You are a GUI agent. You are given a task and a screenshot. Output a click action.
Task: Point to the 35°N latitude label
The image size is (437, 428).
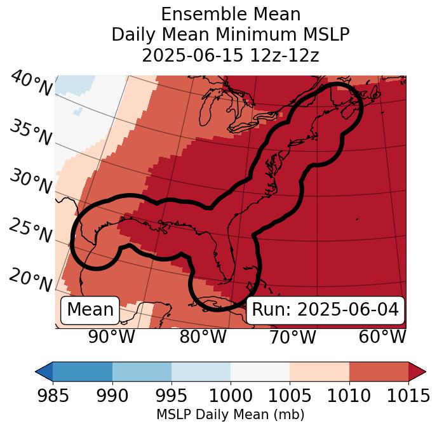click(30, 133)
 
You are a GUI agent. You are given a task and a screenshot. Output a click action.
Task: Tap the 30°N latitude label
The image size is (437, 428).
click(30, 182)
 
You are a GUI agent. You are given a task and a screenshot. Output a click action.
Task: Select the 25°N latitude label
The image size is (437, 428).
click(30, 231)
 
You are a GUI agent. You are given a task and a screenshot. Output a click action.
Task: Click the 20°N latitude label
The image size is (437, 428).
click(30, 279)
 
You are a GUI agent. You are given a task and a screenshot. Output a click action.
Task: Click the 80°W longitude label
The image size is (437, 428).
click(203, 337)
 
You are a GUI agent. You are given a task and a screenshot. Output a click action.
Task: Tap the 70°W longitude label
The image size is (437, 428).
click(292, 337)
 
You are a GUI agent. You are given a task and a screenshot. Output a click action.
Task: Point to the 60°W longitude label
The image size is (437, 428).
click(382, 337)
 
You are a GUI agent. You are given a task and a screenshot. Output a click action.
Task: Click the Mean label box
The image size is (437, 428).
click(90, 310)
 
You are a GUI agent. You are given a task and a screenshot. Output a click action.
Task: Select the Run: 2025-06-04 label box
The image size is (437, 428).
click(325, 310)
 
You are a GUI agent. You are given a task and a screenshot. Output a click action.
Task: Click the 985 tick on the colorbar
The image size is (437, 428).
click(53, 396)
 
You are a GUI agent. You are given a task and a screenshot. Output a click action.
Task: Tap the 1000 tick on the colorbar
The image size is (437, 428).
click(231, 396)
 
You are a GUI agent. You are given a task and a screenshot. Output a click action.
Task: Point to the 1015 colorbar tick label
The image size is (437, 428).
click(408, 396)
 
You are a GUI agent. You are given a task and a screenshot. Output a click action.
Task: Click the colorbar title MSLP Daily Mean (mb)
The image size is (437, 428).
click(230, 415)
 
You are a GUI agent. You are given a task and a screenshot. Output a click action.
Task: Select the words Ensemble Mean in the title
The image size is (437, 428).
click(231, 14)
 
